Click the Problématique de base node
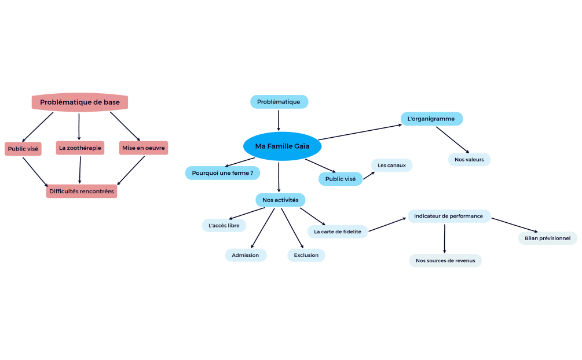tap(80, 102)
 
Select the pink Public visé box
tap(23, 149)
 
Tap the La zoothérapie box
tap(80, 148)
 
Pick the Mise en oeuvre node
tap(144, 148)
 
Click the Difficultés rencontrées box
tap(82, 191)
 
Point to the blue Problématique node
tap(279, 102)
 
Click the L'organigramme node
tap(431, 119)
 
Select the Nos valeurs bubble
tap(469, 159)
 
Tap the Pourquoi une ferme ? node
tap(222, 172)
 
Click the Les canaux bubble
tap(391, 166)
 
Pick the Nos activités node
tap(280, 200)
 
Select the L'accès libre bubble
tap(224, 225)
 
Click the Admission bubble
tap(246, 255)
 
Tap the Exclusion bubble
tap(306, 255)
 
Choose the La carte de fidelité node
tap(338, 232)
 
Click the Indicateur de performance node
tap(448, 216)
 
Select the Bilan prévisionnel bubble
tap(547, 238)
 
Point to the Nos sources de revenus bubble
tap(445, 260)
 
